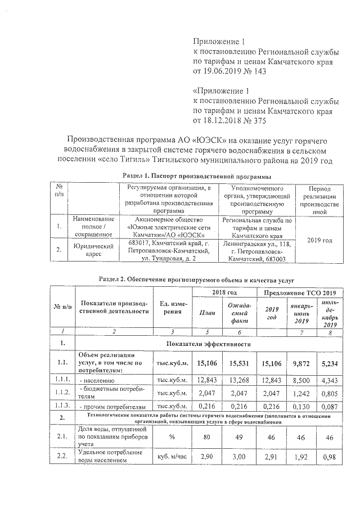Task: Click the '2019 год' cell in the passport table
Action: coord(319,240)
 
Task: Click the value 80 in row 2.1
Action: coord(208,436)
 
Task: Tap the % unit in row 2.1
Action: coord(172,436)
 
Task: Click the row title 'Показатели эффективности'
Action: coord(208,343)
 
